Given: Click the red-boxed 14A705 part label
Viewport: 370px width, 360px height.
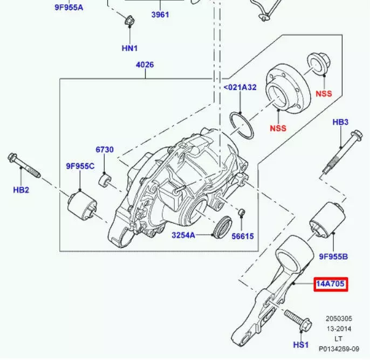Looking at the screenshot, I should click(x=331, y=283).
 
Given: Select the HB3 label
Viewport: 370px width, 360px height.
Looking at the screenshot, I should click(x=340, y=122).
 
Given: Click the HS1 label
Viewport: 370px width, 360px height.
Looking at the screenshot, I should click(x=300, y=344).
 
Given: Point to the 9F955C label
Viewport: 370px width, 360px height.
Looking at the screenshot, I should click(x=80, y=166).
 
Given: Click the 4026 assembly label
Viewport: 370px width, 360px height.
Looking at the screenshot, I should click(x=145, y=65).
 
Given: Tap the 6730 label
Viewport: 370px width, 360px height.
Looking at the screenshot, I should click(x=105, y=150).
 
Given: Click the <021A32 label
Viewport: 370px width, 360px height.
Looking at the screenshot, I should click(x=240, y=87).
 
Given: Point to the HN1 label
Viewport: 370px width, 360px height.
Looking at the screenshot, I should click(x=129, y=48).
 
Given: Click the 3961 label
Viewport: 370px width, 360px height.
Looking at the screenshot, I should click(x=160, y=15).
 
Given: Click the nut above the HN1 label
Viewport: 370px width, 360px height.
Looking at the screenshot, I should click(x=129, y=22).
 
